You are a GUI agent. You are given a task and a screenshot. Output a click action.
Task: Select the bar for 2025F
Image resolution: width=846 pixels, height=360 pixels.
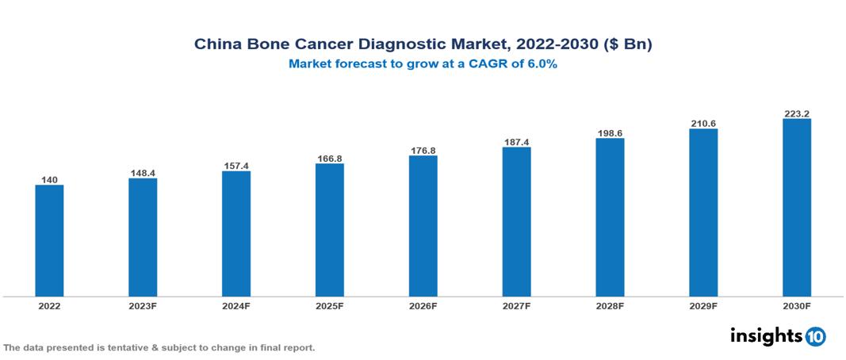point(329,230)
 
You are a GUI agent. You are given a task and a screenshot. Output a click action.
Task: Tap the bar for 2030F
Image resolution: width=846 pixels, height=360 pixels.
point(796,208)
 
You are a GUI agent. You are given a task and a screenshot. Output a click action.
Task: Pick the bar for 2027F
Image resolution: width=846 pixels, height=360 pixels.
point(516,222)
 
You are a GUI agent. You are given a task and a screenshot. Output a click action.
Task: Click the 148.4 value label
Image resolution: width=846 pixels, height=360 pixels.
point(143,172)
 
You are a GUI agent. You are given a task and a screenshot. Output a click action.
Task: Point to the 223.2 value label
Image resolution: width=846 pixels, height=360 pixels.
point(796,113)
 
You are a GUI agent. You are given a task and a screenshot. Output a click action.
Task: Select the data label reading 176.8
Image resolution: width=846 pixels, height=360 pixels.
point(423,150)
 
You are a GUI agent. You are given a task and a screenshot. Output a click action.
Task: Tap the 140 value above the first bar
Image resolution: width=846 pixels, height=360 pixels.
point(49,180)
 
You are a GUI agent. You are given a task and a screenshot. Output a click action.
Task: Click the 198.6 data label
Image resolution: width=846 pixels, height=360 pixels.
point(610,132)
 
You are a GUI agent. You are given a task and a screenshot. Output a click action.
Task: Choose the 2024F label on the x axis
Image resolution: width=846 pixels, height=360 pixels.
point(236,305)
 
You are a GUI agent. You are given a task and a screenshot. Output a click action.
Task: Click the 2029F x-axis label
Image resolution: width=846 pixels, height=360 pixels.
point(703,305)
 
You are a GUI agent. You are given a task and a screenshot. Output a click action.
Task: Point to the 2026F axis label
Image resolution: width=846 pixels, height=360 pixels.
point(423,305)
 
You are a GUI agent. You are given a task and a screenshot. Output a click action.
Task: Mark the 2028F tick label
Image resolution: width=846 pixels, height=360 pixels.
point(610,305)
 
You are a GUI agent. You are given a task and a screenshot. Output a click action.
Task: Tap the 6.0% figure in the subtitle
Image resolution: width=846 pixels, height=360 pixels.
point(539,64)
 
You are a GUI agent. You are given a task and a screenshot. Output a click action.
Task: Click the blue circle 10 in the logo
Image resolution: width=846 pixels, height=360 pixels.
point(815,336)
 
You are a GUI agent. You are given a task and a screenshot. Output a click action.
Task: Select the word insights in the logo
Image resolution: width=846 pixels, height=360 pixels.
point(765,335)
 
